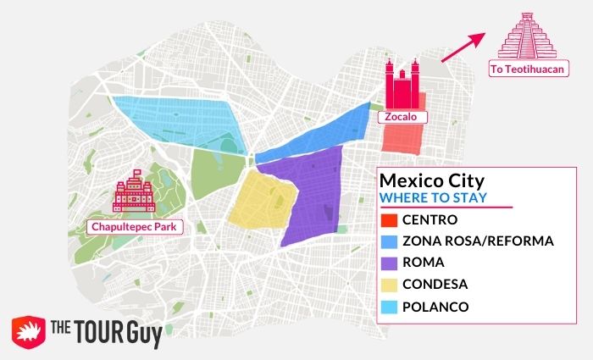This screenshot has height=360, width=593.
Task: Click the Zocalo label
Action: point(402,116)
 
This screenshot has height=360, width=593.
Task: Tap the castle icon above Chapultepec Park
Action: point(133,194)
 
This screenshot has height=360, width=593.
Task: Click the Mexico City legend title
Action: point(431,181)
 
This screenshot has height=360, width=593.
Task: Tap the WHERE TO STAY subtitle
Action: point(433,198)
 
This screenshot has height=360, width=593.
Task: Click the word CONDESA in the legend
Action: point(435,284)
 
